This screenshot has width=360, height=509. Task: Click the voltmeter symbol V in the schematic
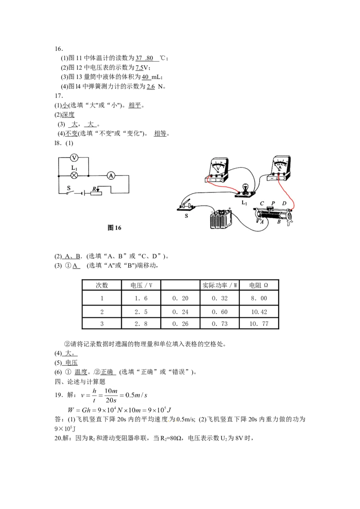click(x=74, y=158)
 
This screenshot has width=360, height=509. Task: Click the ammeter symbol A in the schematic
click(x=111, y=176)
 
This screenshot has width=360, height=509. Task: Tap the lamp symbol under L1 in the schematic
click(x=74, y=176)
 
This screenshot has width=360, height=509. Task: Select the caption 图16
click(x=114, y=228)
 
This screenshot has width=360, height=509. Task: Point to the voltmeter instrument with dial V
click(x=217, y=170)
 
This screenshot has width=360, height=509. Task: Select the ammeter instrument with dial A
click(x=279, y=169)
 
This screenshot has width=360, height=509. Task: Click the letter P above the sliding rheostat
click(x=273, y=203)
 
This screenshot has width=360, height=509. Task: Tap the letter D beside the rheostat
click(x=284, y=203)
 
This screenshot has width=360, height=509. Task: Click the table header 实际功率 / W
click(x=220, y=286)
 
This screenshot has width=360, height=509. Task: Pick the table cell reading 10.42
click(x=259, y=312)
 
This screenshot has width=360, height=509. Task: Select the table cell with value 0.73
click(x=220, y=324)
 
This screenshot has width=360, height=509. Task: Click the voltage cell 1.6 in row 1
click(x=141, y=298)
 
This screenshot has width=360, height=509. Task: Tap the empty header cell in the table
click(x=180, y=286)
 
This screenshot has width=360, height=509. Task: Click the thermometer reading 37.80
click(x=144, y=58)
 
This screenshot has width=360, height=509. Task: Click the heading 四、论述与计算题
click(x=80, y=381)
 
